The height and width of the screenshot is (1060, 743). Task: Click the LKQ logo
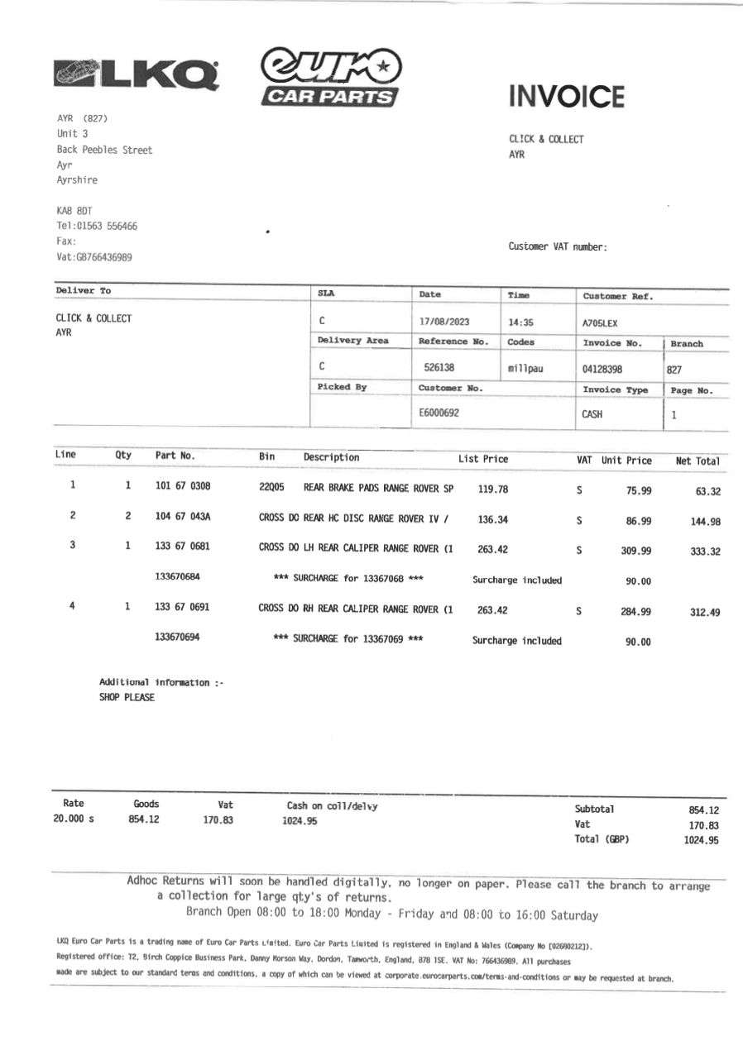pos(136,74)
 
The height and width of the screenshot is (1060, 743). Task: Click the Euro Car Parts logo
pos(330,77)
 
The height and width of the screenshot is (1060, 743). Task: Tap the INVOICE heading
pos(567,97)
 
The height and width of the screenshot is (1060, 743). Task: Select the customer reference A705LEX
pos(600,323)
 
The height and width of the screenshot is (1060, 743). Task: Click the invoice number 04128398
pos(602,369)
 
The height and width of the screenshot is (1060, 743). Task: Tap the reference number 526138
pos(439,368)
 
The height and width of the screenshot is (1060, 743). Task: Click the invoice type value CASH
pos(592,415)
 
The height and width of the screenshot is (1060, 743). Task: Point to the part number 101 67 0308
pos(183,488)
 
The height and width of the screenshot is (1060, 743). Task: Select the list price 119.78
pos(493,489)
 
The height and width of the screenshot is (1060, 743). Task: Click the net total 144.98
pos(705,521)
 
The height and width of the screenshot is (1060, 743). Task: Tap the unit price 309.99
pos(636,551)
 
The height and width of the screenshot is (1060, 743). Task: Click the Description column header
pos(331,457)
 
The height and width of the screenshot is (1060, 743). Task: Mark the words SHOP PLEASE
pos(127,697)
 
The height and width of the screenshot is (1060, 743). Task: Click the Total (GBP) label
pos(602,839)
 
